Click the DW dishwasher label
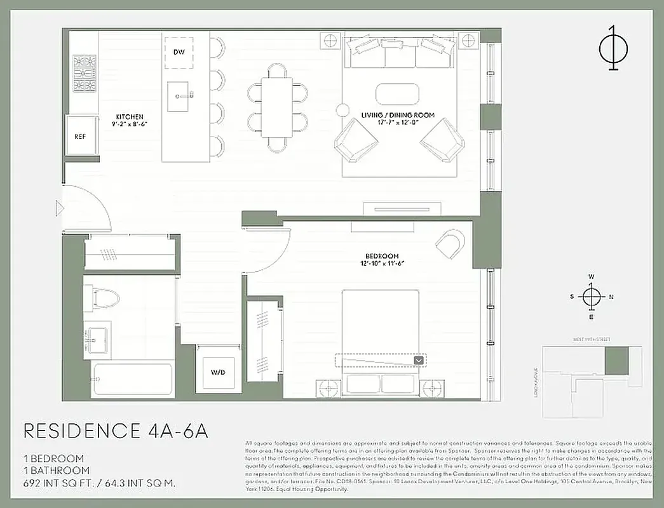point(179,51)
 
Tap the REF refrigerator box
point(81,136)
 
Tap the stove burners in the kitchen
point(84,73)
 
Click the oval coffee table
point(397,94)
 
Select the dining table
point(277,107)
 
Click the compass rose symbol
point(592,297)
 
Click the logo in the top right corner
point(613,48)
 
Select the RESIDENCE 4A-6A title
point(116,431)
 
